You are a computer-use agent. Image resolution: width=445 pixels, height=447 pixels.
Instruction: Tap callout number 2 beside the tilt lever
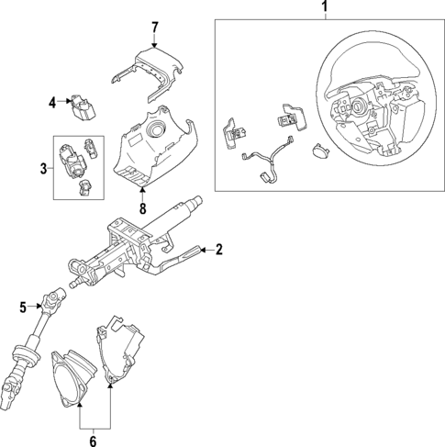pos(218,250)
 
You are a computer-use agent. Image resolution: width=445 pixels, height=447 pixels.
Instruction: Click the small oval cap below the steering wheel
pos(322,151)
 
